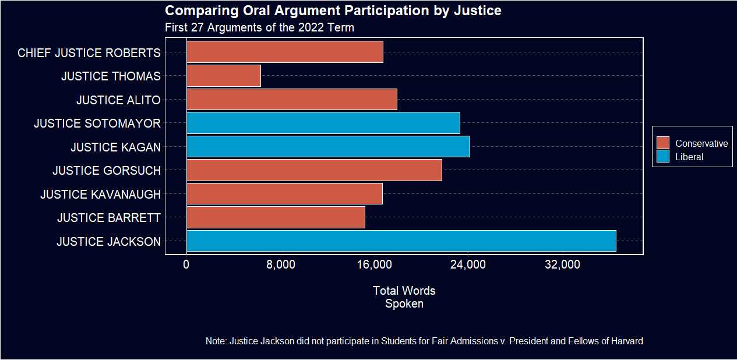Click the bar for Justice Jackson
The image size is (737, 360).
pos(401,241)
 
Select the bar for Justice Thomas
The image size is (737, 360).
pos(224,76)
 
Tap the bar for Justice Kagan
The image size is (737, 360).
pos(328,147)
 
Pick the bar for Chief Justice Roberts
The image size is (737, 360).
pos(285,52)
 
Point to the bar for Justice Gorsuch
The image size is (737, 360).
pos(314,170)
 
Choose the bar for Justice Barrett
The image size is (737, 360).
pos(276,217)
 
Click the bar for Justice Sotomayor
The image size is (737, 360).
pos(323,123)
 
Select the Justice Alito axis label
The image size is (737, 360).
pos(118,100)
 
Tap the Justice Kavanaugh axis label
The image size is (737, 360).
pos(100,194)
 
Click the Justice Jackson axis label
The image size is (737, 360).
pos(108,241)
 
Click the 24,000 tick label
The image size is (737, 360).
pos(468,265)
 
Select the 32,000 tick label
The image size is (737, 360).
pos(562,265)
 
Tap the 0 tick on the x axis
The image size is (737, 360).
pos(186,265)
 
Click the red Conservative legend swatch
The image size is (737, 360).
pos(663,143)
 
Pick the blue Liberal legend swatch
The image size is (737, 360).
pos(663,157)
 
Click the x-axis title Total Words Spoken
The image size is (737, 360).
pos(404,297)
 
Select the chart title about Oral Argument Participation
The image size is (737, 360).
pos(333,11)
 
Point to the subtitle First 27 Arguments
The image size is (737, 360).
pos(259,27)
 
